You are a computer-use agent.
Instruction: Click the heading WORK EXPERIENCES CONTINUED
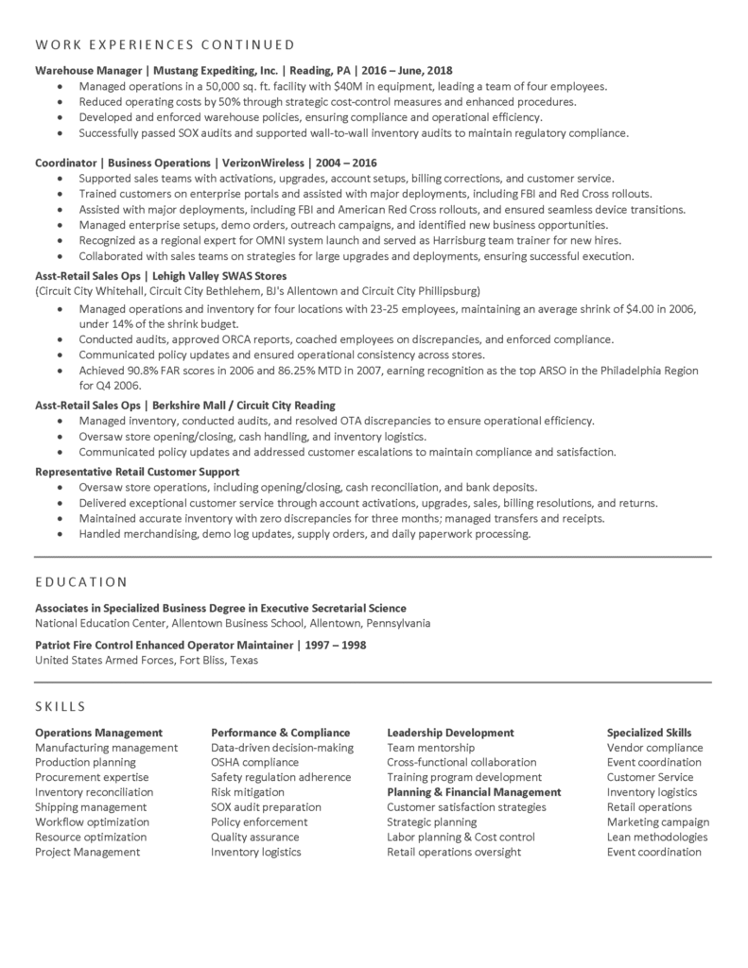pyautogui.click(x=165, y=44)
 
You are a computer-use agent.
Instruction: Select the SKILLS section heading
pyautogui.click(x=61, y=706)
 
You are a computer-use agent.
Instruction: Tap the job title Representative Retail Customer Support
pyautogui.click(x=137, y=471)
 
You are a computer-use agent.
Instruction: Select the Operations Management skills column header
pyautogui.click(x=98, y=733)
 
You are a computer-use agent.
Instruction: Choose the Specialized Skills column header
pyautogui.click(x=649, y=733)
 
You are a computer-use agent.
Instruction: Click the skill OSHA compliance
pyautogui.click(x=254, y=762)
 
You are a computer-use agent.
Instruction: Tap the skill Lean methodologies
pyautogui.click(x=656, y=837)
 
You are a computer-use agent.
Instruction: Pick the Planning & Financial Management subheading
pyautogui.click(x=474, y=792)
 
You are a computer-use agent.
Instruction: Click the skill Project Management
pyautogui.click(x=87, y=852)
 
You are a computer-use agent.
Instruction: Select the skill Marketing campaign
pyautogui.click(x=658, y=821)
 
